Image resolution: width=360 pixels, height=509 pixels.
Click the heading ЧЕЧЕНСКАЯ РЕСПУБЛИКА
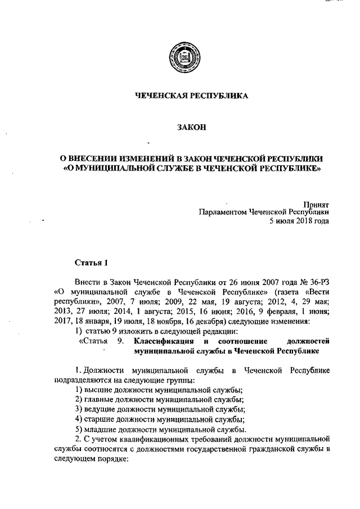click(x=191, y=96)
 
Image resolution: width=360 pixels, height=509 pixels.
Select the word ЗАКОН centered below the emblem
click(x=192, y=128)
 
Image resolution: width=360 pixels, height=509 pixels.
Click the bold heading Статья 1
click(x=89, y=262)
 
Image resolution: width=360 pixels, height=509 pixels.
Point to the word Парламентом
click(x=223, y=213)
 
